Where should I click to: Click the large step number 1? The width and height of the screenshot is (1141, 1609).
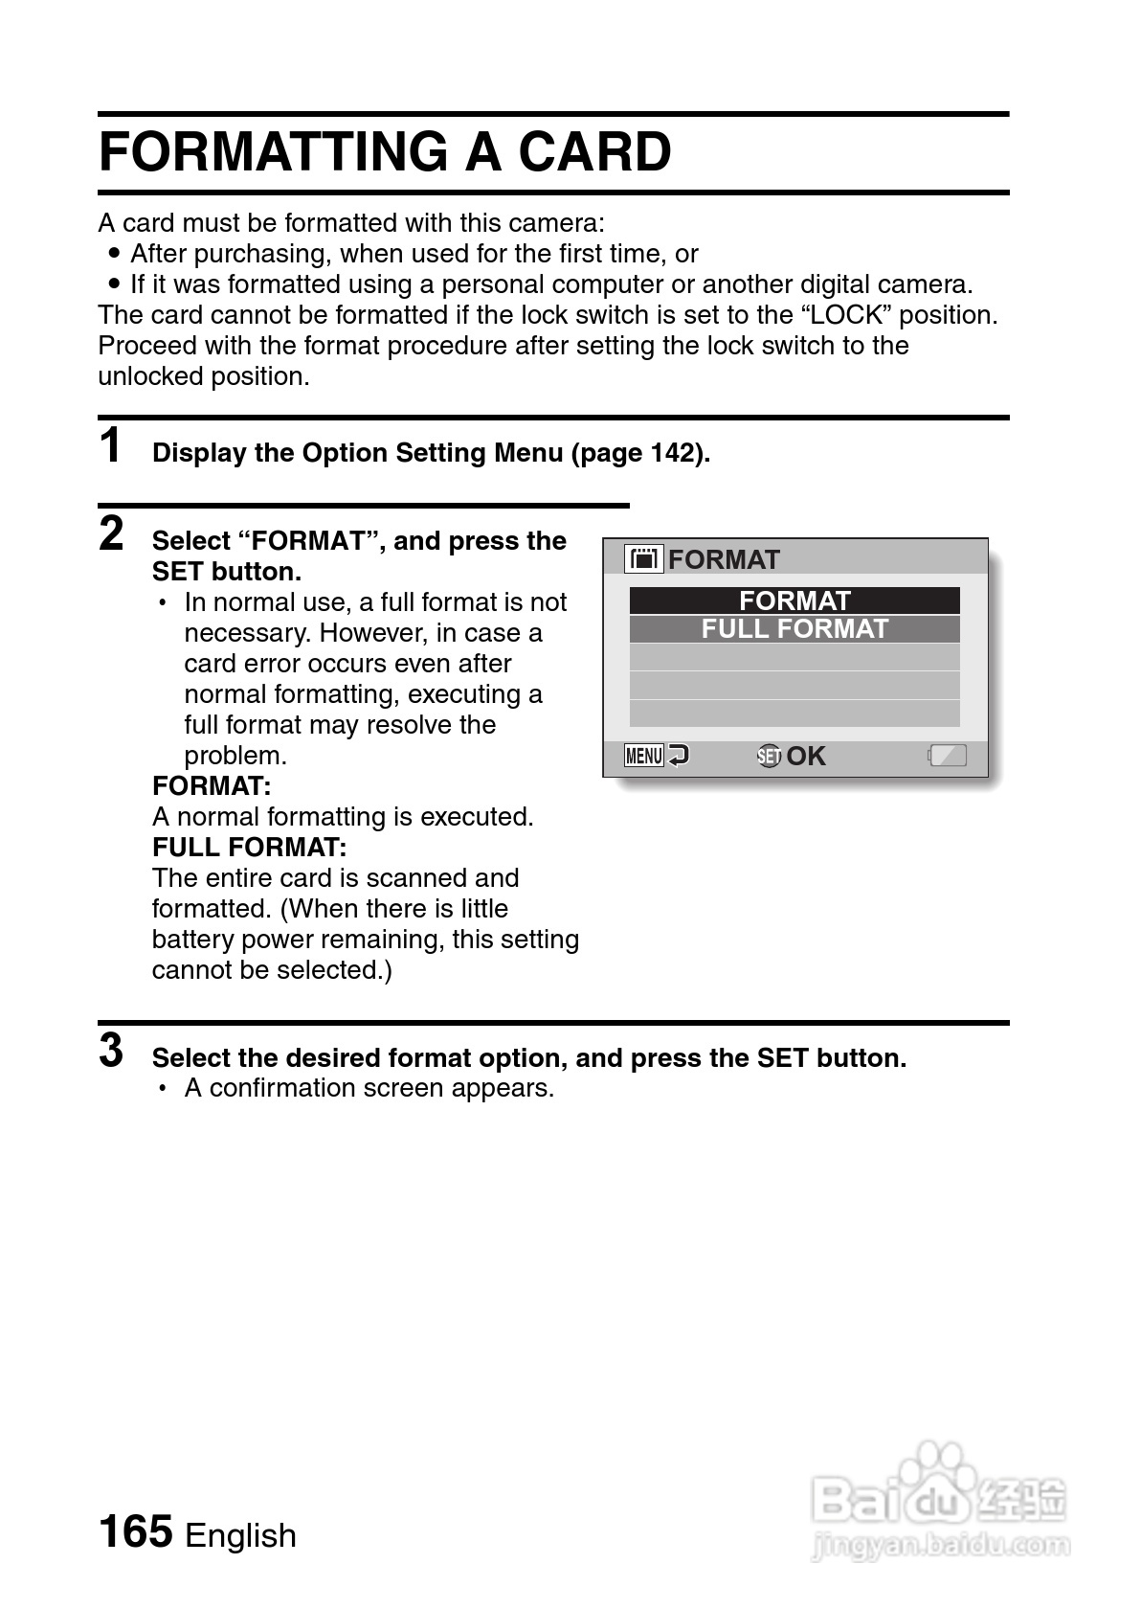coord(112,446)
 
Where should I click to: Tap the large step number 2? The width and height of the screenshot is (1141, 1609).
coord(112,533)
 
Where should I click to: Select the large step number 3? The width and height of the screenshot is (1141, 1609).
coord(112,1051)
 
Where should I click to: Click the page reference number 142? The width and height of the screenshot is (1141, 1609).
coord(673,453)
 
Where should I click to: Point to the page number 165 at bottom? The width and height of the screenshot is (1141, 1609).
coord(136,1530)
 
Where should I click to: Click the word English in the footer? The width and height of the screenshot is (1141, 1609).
coord(240,1535)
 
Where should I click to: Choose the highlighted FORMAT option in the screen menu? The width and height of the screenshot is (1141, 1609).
coord(794,601)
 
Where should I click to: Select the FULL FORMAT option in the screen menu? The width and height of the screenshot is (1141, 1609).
coord(794,629)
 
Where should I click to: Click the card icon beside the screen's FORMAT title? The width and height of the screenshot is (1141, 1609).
coord(644,558)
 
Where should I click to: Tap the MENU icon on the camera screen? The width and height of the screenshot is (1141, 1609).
coord(644,756)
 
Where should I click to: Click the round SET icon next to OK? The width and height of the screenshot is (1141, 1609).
coord(769,756)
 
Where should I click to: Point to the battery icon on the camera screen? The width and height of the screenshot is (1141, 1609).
coord(948,756)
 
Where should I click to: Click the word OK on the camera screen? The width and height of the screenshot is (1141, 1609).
coord(806,756)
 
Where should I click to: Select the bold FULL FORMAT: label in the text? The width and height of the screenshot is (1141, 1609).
coord(249,848)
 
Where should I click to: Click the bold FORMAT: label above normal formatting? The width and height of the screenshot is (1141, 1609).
coord(212,786)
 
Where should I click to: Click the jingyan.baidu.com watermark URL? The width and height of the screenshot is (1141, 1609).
coord(940,1544)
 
